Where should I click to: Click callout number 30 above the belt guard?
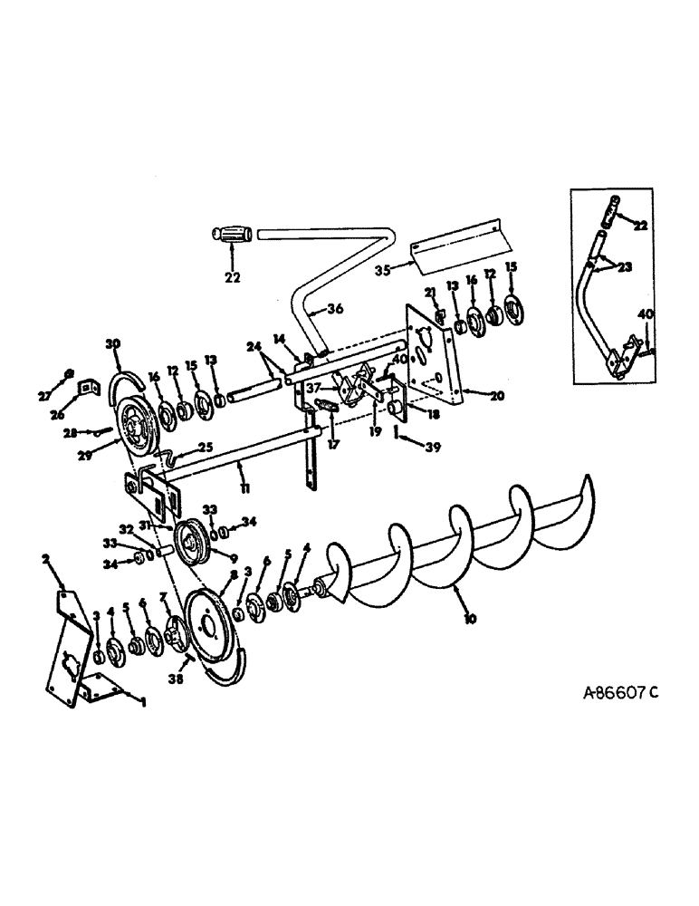pos(112,344)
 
